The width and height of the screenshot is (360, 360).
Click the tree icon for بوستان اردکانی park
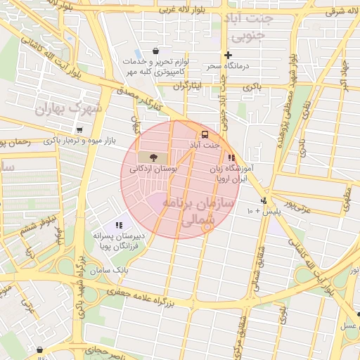(x=153, y=156)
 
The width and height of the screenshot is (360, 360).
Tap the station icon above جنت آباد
(x=205, y=134)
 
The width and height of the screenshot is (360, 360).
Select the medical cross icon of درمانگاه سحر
(x=228, y=55)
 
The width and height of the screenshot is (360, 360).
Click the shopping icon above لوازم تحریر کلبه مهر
(x=155, y=51)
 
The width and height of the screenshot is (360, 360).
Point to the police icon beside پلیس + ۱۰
(x=263, y=200)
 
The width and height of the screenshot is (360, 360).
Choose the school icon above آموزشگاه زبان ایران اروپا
(x=231, y=157)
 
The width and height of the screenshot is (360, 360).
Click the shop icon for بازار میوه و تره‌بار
(x=79, y=130)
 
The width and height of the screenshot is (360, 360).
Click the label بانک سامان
(x=112, y=270)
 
